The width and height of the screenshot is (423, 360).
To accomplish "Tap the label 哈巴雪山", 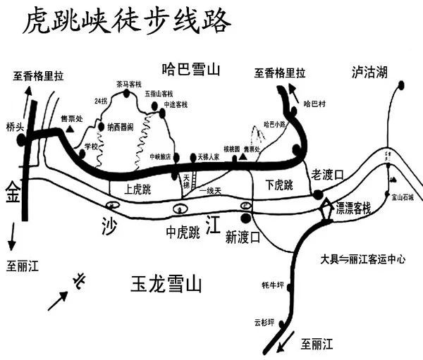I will click(x=192, y=70).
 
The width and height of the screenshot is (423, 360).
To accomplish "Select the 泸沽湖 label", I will click(x=370, y=71).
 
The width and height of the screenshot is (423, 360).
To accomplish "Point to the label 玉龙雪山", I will click(x=166, y=285).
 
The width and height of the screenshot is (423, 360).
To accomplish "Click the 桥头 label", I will click(x=15, y=127).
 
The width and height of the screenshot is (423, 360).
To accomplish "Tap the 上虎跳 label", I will click(x=137, y=189).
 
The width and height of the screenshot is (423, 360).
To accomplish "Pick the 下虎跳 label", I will click(x=279, y=185).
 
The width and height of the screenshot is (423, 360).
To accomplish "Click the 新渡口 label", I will click(x=243, y=237).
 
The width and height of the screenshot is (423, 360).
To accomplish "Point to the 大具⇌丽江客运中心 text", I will click(x=362, y=259).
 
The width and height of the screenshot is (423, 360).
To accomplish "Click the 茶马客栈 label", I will click(x=130, y=84).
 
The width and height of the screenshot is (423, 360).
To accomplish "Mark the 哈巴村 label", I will click(x=314, y=104).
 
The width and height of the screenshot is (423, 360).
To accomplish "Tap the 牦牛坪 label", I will click(x=272, y=285).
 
